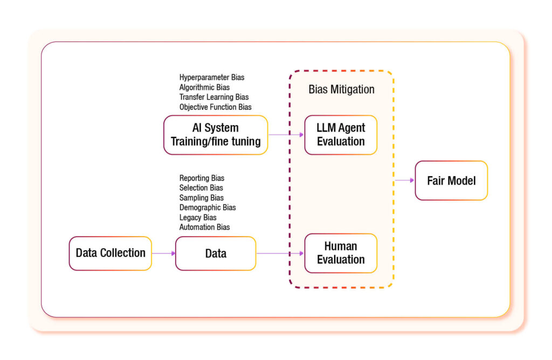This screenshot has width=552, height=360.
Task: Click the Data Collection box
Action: (111, 253)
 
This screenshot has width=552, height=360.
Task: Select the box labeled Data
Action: (216, 253)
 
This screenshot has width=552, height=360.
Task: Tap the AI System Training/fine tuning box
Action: (216, 135)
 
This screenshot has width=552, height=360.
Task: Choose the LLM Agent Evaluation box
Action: (341, 135)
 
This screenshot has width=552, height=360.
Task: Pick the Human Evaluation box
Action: (341, 253)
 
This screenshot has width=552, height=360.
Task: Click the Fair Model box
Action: (451, 181)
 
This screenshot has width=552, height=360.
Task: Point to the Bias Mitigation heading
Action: (341, 89)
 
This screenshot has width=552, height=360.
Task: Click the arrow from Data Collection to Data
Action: (163, 253)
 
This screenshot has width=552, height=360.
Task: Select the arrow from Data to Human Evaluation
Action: (280, 253)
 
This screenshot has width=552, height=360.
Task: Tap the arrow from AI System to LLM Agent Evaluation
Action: (286, 135)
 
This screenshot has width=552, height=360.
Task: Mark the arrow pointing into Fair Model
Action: (404, 181)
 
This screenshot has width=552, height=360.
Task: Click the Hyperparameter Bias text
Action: (211, 78)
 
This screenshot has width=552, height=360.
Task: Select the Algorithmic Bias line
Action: (204, 87)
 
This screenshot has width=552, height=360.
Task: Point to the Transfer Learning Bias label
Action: (214, 97)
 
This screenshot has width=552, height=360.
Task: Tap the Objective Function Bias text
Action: (215, 107)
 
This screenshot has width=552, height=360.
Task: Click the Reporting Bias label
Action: (202, 178)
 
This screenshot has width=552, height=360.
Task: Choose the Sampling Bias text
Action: (201, 198)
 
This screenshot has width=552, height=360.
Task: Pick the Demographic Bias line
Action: (207, 207)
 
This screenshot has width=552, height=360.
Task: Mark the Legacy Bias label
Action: (198, 217)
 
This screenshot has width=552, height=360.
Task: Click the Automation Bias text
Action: (204, 227)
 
